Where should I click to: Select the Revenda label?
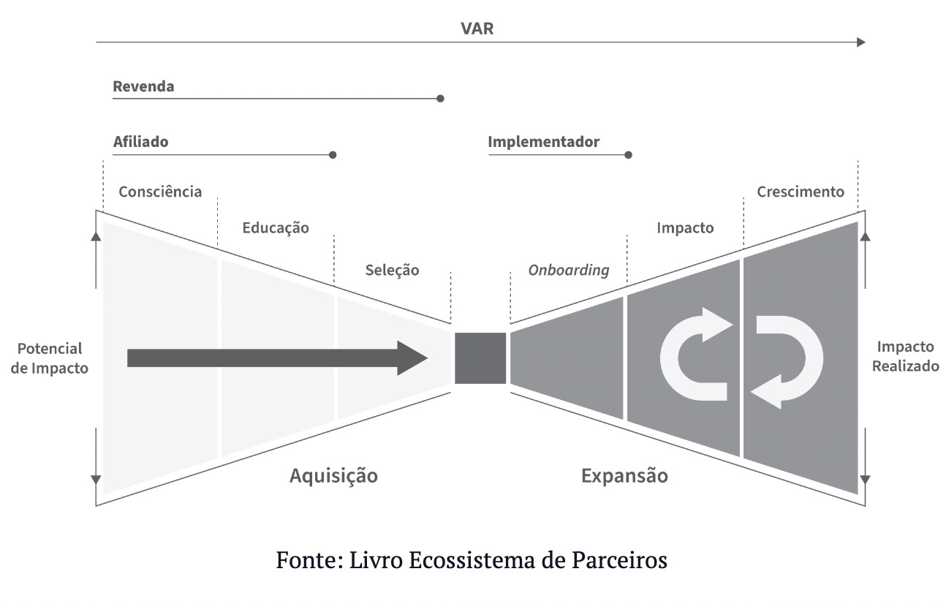(143, 86)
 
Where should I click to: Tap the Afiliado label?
(140, 142)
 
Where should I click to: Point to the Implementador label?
(543, 142)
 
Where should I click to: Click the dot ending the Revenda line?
(440, 98)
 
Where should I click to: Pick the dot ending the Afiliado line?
(333, 155)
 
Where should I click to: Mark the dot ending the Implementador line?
(628, 155)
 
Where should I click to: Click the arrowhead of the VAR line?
(860, 42)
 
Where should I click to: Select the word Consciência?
(160, 192)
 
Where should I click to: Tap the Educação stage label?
(276, 227)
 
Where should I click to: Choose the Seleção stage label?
(393, 270)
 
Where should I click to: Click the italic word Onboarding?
(569, 270)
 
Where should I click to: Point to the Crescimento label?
(801, 192)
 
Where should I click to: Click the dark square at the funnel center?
(480, 358)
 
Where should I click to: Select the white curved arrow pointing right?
(695, 355)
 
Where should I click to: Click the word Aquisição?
(333, 476)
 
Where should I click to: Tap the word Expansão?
(624, 476)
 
